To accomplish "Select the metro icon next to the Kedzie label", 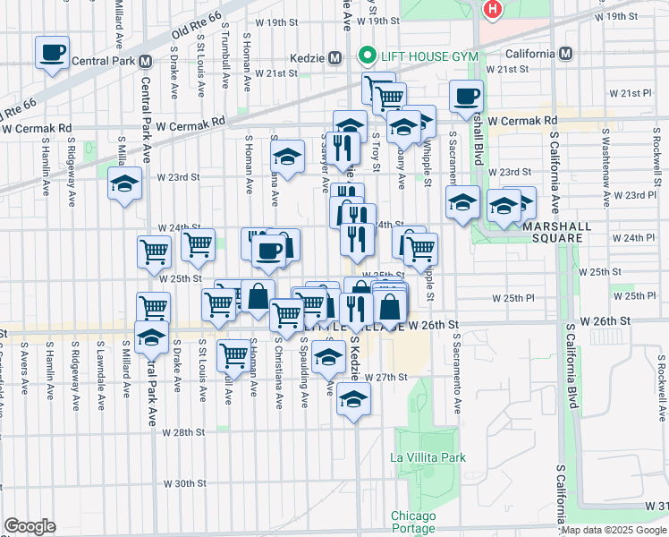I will click(x=334, y=57).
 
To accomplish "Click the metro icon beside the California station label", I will click(x=564, y=53).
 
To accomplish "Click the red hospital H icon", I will click(x=492, y=10).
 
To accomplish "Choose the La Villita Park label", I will click(x=428, y=457).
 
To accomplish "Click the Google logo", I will click(x=30, y=526).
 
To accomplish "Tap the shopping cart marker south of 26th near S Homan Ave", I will click(x=234, y=354).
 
